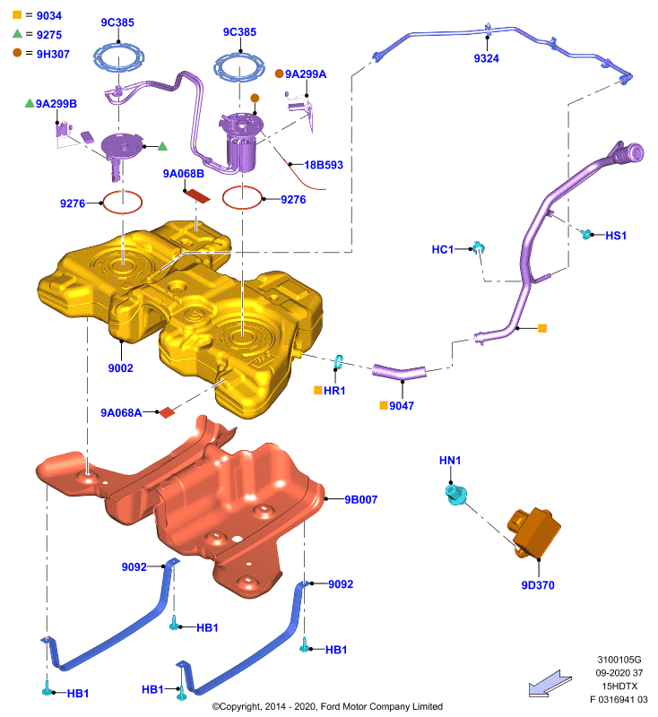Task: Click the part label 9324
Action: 486,58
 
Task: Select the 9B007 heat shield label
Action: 360,499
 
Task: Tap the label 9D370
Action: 538,585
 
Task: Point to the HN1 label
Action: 450,461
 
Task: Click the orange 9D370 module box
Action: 534,532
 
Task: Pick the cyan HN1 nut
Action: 456,495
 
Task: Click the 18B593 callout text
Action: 324,165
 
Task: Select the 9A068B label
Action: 184,174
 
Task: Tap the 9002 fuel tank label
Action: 120,368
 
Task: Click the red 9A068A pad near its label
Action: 167,412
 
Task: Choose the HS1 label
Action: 616,236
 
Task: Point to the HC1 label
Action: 443,249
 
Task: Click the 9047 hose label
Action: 402,406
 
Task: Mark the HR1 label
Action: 334,391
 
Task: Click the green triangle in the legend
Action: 17,33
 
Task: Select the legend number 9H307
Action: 53,54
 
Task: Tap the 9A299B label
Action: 56,104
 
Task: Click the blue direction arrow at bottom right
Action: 550,684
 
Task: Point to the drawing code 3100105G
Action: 619,660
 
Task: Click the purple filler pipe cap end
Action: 633,152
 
